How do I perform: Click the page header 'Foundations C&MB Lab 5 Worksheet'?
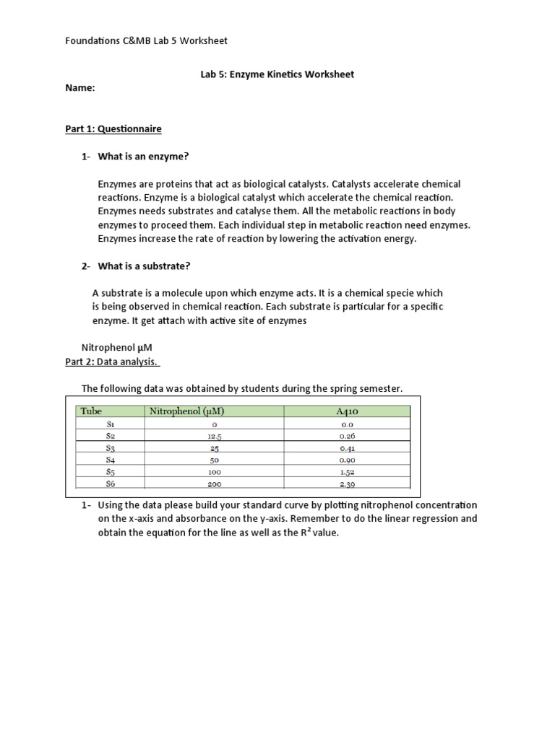[x=146, y=40]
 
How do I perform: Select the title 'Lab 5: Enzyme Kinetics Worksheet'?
[x=277, y=74]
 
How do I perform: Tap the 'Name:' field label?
[x=80, y=88]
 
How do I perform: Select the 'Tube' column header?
[x=91, y=412]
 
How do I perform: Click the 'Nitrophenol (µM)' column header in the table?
[x=186, y=412]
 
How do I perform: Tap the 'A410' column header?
[x=348, y=412]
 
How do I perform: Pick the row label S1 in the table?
[x=111, y=425]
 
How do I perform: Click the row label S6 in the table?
[x=111, y=484]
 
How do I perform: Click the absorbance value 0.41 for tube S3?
[x=348, y=448]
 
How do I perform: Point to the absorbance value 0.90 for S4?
[x=348, y=460]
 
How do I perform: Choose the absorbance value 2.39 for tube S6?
[x=348, y=484]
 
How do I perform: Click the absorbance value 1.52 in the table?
[x=348, y=472]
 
